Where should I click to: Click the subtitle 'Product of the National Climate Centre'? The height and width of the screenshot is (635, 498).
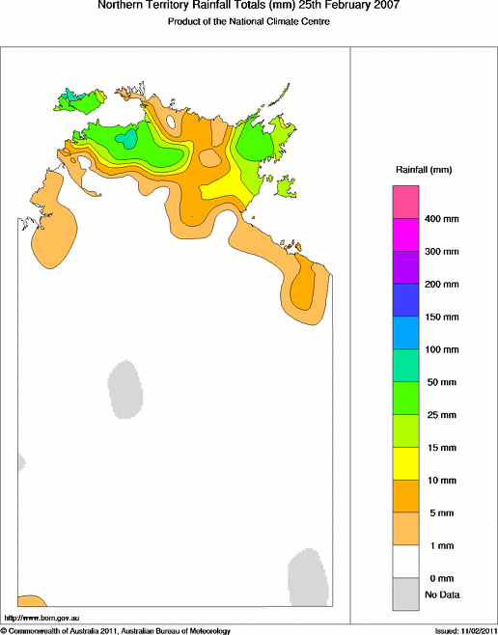click(249, 21)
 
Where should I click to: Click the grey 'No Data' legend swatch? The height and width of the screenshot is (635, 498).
click(405, 594)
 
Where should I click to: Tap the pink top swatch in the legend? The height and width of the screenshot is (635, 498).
click(405, 203)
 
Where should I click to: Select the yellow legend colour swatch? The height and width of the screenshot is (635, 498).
click(405, 463)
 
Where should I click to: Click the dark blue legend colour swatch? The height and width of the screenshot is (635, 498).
click(405, 300)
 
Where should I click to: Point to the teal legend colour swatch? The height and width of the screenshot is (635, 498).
click(405, 365)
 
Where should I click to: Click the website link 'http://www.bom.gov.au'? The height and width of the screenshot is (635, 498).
click(41, 616)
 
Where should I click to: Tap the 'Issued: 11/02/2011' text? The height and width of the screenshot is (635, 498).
click(460, 629)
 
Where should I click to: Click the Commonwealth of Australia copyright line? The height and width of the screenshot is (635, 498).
click(116, 629)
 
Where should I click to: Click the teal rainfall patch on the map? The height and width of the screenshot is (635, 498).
click(127, 140)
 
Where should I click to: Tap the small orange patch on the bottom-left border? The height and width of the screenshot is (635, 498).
click(30, 602)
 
